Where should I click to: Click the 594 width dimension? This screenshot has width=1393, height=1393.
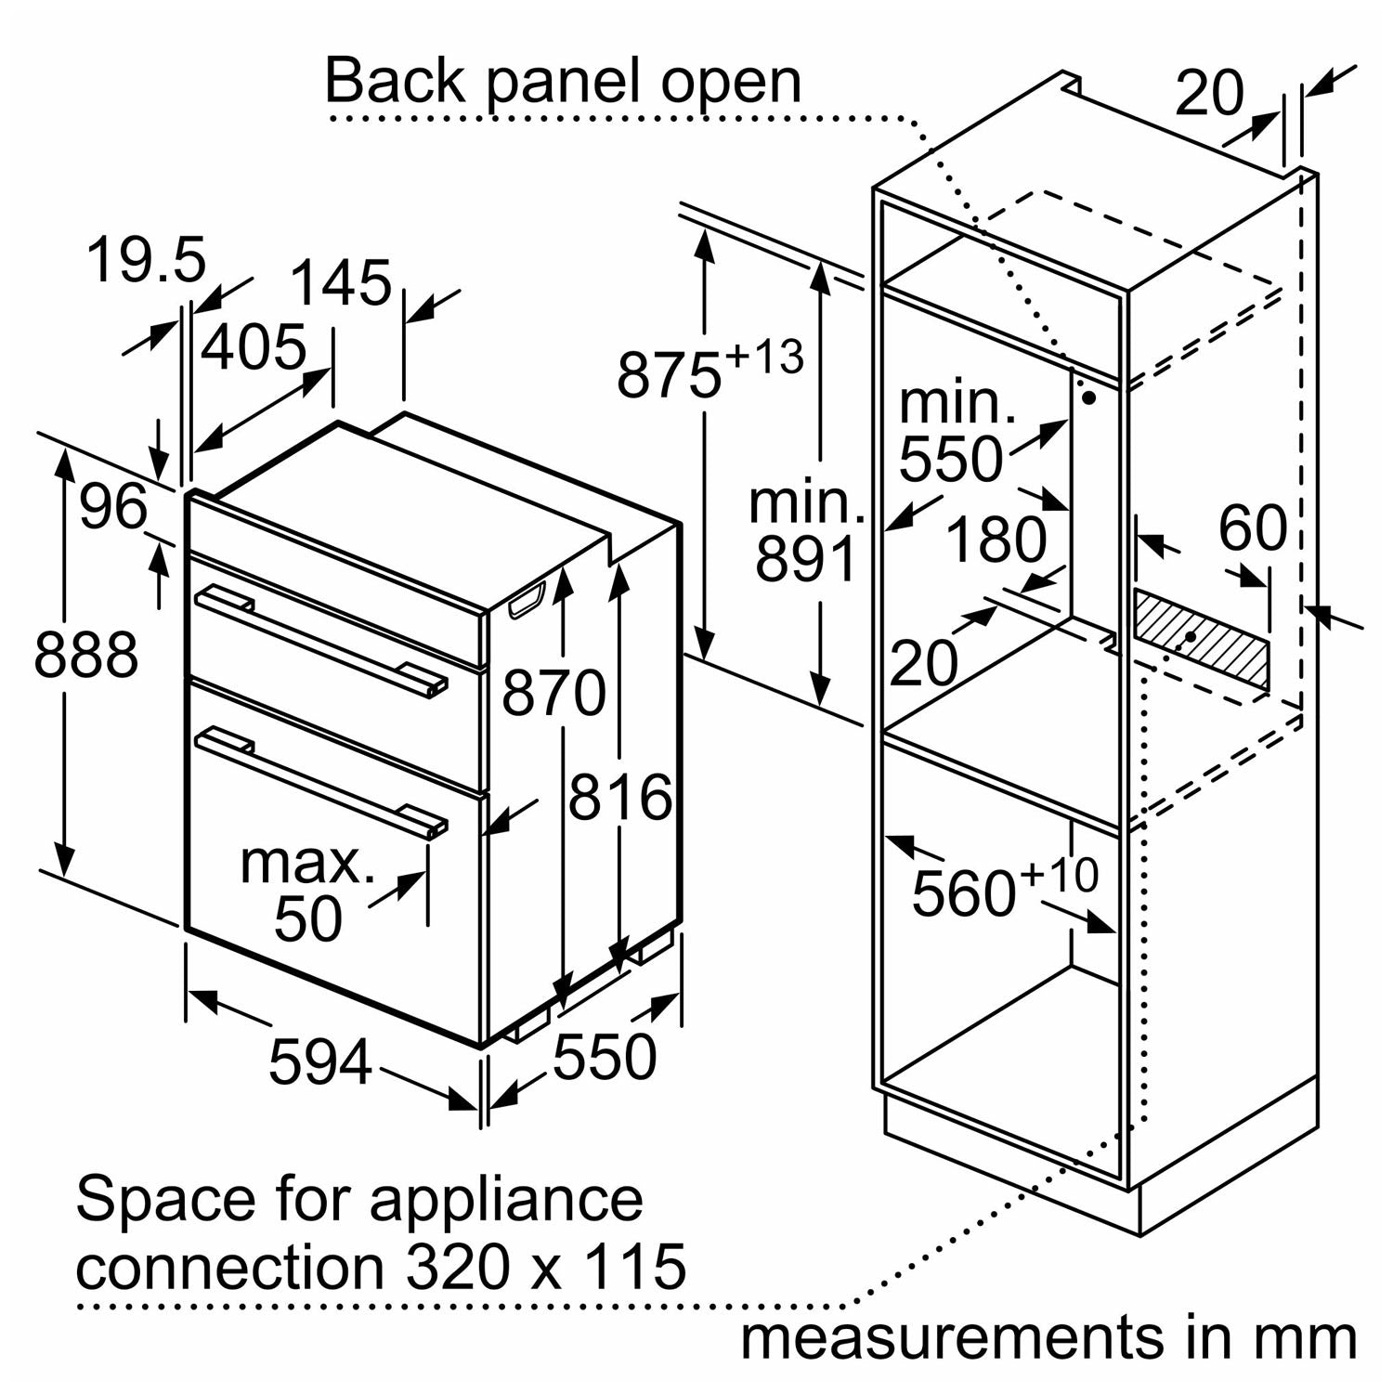320,1061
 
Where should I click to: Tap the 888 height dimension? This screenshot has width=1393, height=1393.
85,654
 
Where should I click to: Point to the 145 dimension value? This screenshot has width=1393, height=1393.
341,282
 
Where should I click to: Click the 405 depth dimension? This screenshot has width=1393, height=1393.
253,347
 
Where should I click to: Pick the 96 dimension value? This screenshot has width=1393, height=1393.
112,507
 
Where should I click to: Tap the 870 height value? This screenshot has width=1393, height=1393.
553,693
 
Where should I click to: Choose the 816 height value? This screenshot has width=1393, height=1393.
619,797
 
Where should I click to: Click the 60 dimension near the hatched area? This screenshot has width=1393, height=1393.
1252,529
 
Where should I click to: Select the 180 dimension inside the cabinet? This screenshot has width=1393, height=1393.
996,540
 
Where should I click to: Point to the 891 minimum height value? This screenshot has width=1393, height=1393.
804,559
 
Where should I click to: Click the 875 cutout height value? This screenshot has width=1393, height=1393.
669,375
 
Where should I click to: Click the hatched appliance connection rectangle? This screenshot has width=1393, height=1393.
1200,640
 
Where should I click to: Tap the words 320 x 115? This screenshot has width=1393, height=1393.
545,1266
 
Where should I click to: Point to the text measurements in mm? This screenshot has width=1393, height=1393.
1048,1338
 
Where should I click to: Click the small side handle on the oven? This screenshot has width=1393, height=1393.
527,600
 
